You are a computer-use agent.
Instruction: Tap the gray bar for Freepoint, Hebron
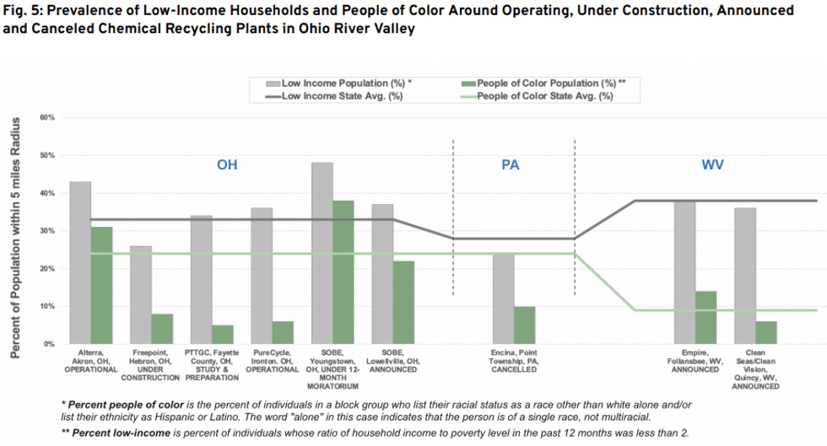[141, 295]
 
